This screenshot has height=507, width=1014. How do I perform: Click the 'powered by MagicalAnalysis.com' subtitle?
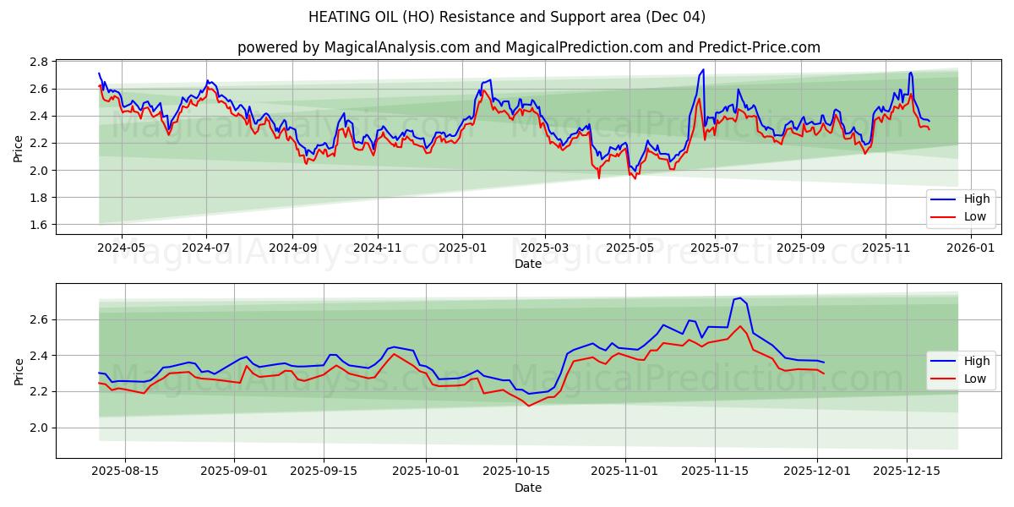[x=528, y=47]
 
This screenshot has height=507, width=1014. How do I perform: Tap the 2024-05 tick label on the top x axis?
[x=122, y=248]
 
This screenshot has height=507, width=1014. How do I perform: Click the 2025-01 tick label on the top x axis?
[x=461, y=248]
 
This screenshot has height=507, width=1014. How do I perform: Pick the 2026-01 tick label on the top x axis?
[x=971, y=248]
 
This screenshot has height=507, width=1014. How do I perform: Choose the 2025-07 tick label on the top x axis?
[x=715, y=248]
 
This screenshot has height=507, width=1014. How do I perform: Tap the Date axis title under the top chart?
[x=528, y=264]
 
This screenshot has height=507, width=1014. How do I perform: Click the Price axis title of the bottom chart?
[x=19, y=371]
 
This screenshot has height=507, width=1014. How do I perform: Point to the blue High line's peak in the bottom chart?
[x=740, y=297]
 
